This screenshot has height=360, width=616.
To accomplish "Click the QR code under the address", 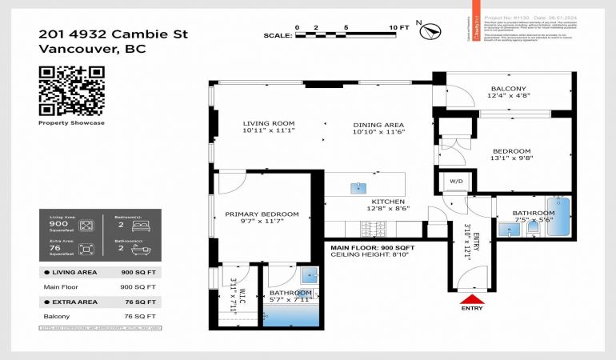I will (x=72, y=90).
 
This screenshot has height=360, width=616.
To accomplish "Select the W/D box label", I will (x=456, y=182).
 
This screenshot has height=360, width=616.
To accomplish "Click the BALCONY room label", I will (x=508, y=88).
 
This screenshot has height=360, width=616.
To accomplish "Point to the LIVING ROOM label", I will (x=264, y=124).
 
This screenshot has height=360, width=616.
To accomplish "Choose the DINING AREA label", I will (x=378, y=125).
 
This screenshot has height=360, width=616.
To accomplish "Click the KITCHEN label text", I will (x=387, y=202).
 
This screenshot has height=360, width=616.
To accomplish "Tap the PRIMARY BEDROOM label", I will (x=262, y=214).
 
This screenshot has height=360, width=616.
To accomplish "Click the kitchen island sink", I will (x=358, y=188).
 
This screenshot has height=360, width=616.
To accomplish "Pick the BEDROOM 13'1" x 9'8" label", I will (x=511, y=151).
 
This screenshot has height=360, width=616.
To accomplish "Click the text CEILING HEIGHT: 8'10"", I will (x=370, y=256).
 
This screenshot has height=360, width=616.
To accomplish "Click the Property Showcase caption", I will (x=72, y=123).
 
